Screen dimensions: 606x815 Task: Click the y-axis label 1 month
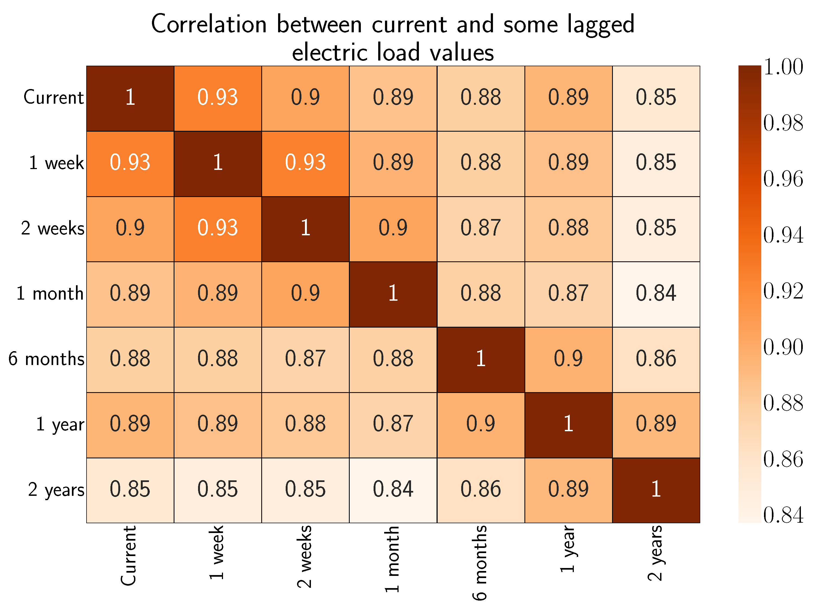point(50,294)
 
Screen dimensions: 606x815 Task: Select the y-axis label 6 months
point(46,359)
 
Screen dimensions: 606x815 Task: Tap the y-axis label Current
point(53,98)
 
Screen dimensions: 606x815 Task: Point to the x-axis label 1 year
point(567,549)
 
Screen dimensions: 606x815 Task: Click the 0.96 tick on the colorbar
point(783,179)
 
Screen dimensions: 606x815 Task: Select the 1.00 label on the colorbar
point(783,67)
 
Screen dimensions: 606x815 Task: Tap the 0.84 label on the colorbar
point(783,515)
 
